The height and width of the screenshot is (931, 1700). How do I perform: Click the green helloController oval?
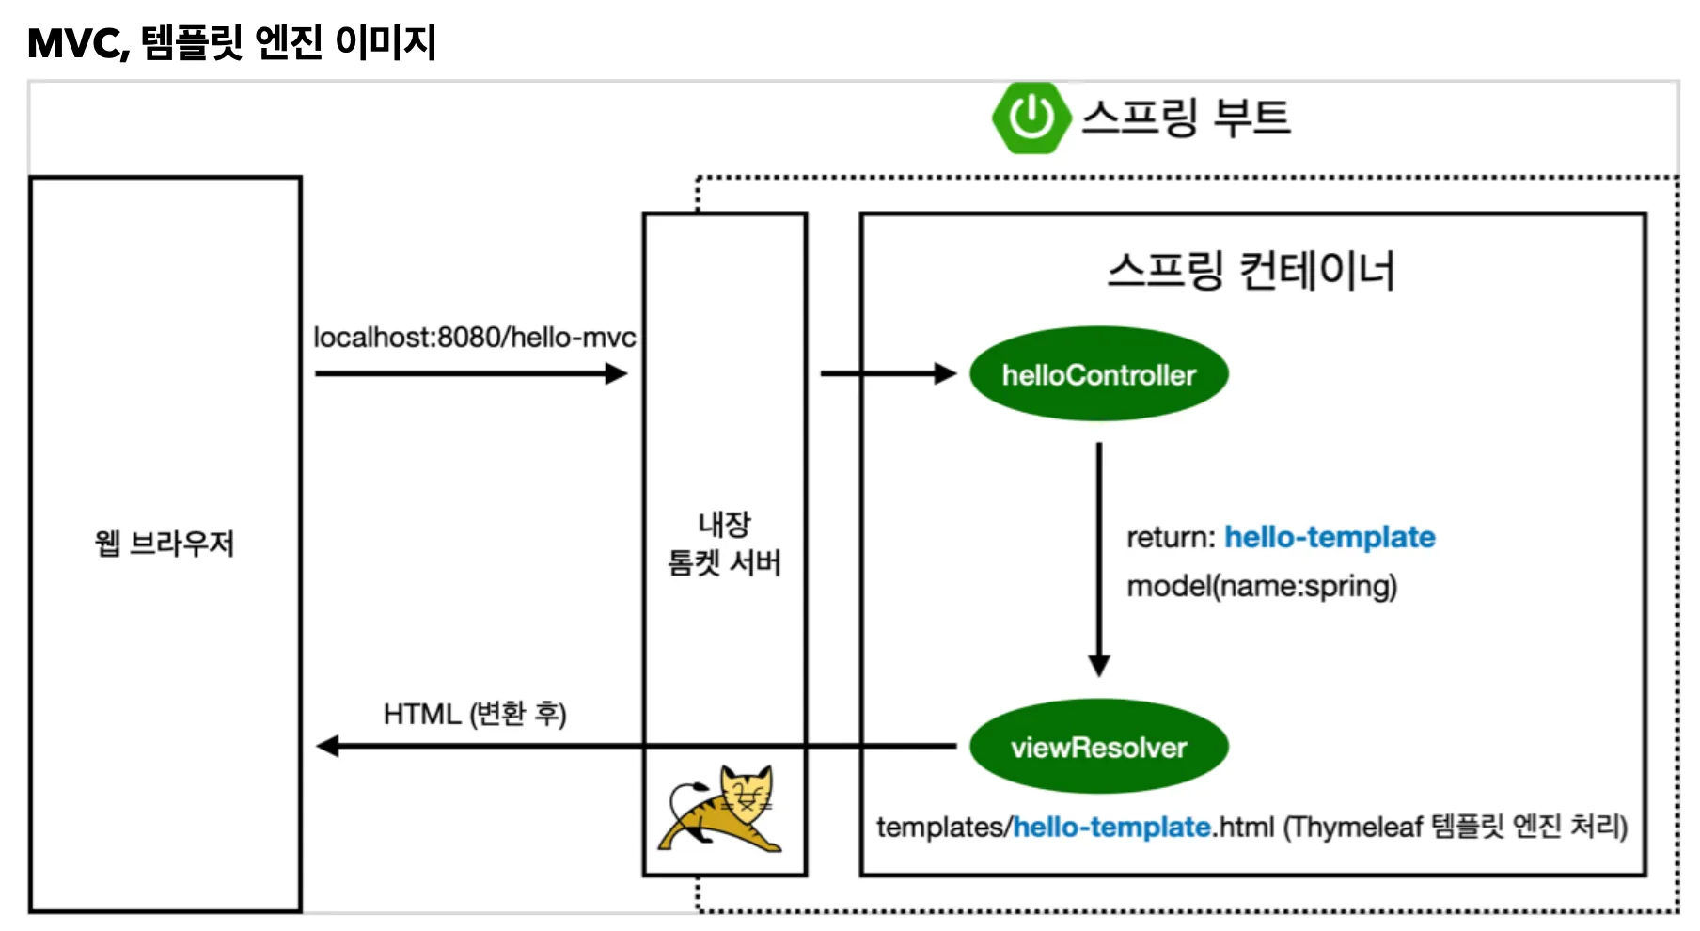[1098, 374]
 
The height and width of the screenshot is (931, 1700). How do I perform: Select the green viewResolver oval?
[1098, 747]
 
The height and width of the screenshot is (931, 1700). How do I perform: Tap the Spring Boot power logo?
[1031, 118]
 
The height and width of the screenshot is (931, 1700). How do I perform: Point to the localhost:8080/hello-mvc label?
[474, 338]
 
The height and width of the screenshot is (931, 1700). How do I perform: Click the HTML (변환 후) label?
[474, 715]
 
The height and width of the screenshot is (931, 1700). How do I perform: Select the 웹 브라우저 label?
[165, 544]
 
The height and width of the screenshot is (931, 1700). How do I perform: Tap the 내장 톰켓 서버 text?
[724, 544]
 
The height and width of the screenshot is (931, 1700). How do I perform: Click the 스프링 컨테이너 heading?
[1251, 271]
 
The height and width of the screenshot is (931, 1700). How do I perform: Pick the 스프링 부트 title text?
[1187, 118]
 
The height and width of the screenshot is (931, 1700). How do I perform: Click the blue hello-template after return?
[1330, 537]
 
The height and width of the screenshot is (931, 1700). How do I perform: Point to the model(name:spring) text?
[1262, 587]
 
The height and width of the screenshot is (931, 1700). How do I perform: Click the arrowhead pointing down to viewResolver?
[1098, 665]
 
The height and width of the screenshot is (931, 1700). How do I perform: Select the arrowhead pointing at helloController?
[944, 374]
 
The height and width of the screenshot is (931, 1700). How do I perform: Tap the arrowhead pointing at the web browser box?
[328, 747]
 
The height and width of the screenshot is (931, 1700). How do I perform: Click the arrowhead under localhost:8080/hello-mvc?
[616, 374]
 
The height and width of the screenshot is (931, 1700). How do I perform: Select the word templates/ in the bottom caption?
[944, 828]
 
